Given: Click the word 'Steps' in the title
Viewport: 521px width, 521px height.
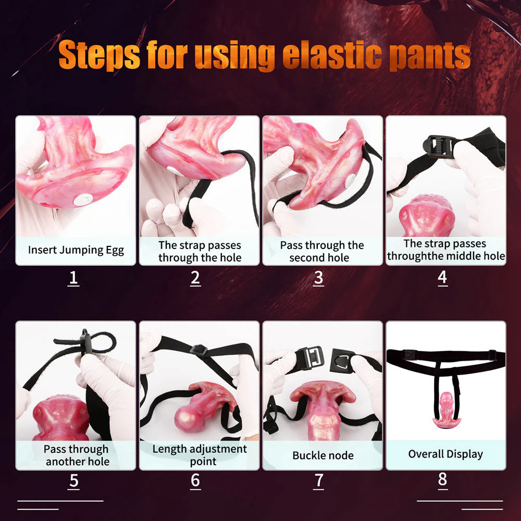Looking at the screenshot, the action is (x=99, y=55).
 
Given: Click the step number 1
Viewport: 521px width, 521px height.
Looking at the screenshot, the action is (x=73, y=278).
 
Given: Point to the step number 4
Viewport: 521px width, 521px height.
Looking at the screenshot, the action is (x=442, y=278).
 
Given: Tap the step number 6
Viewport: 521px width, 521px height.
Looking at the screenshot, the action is (x=195, y=480).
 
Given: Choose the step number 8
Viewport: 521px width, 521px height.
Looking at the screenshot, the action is (x=442, y=479).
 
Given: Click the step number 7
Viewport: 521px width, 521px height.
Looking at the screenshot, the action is (x=319, y=481).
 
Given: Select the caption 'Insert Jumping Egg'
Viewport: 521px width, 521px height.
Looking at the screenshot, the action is (x=76, y=250).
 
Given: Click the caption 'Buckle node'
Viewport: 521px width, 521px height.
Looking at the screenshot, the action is (x=322, y=455).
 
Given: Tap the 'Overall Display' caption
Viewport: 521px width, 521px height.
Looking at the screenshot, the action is (x=445, y=454).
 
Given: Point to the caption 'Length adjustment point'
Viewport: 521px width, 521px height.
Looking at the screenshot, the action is (x=200, y=455).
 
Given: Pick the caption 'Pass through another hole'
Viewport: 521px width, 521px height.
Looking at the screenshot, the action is (x=77, y=455).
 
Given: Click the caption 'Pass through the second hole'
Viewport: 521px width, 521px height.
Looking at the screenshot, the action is (x=321, y=251).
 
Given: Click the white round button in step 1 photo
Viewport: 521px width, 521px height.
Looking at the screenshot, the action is (x=83, y=200).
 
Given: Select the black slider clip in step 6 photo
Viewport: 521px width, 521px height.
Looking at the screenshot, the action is (x=199, y=350).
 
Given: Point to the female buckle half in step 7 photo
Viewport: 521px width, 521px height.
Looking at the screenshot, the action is (x=342, y=361).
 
